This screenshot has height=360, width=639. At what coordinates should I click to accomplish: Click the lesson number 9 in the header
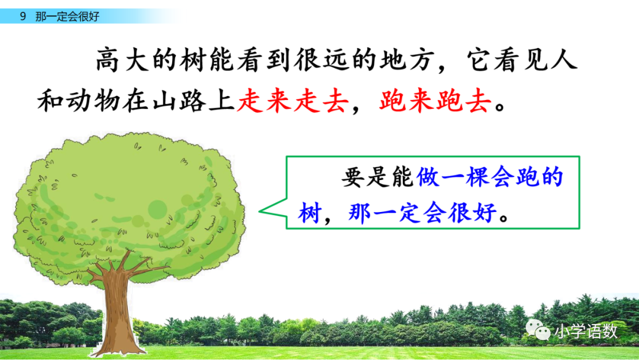tap(22, 17)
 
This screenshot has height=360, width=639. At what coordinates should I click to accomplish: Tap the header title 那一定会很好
tap(67, 17)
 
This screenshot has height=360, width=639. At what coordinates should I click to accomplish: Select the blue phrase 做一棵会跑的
tap(489, 178)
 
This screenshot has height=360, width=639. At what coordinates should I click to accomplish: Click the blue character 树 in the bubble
tap(309, 212)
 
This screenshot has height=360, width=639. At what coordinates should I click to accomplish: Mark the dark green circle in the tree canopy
tap(157, 208)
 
